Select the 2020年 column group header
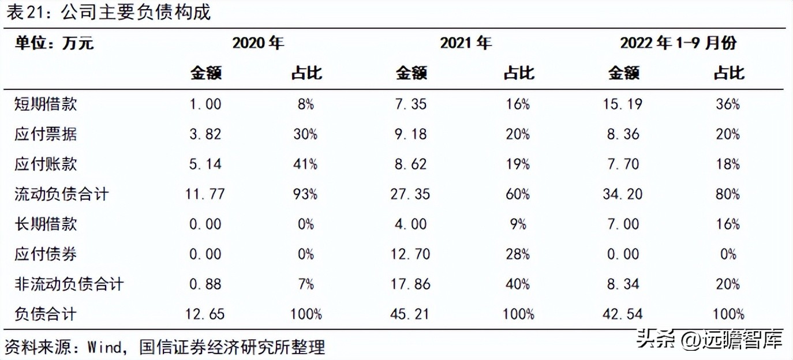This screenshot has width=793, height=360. tap(258, 43)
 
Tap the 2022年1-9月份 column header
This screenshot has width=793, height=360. tap(679, 43)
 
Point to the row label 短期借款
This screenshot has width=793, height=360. tap(46, 104)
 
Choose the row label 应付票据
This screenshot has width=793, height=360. tap(46, 134)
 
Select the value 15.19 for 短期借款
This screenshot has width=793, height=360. tap(623, 104)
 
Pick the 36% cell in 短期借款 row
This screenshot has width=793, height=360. tap(728, 104)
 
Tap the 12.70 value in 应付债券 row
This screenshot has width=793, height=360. tap(411, 254)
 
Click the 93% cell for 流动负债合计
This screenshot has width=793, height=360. tap(306, 194)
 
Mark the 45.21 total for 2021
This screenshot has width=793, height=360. tap(411, 314)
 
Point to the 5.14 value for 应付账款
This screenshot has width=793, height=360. tap(205, 164)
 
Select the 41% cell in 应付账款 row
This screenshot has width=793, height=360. tap(306, 164)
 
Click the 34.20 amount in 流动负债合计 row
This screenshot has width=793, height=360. tap(623, 194)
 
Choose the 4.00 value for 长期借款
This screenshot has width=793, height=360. tap(411, 224)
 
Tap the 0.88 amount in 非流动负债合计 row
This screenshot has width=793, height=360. tap(205, 284)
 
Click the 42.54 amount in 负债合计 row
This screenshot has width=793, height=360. tap(623, 314)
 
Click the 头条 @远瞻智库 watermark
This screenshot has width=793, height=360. tap(710, 340)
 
